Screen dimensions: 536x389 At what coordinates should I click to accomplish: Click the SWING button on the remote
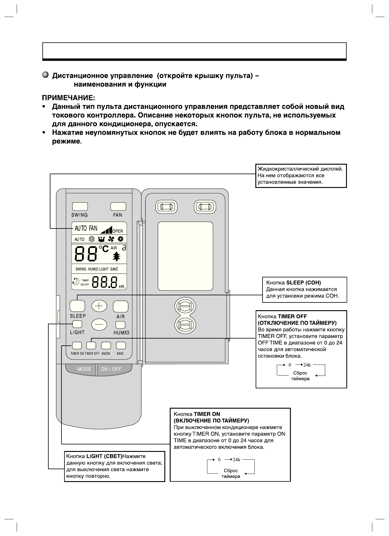80,206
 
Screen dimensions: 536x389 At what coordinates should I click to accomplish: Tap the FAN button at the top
118,206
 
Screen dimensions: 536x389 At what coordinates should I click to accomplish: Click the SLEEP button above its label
77,306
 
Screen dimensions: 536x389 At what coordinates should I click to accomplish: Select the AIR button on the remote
121,306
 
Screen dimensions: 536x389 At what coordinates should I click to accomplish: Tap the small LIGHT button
77,324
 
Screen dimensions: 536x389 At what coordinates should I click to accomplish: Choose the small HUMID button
121,325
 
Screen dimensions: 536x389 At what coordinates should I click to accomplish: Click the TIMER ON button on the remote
77,345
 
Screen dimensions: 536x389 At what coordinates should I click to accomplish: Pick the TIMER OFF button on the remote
91,345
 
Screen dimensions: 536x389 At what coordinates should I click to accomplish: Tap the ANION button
106,345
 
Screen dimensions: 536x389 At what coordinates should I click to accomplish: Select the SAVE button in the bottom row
121,345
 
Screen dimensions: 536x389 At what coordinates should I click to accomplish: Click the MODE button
84,369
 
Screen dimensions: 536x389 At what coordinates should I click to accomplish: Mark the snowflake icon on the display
92,239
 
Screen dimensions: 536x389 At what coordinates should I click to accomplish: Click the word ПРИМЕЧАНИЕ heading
68,98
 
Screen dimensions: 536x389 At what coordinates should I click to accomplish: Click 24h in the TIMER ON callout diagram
236,460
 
